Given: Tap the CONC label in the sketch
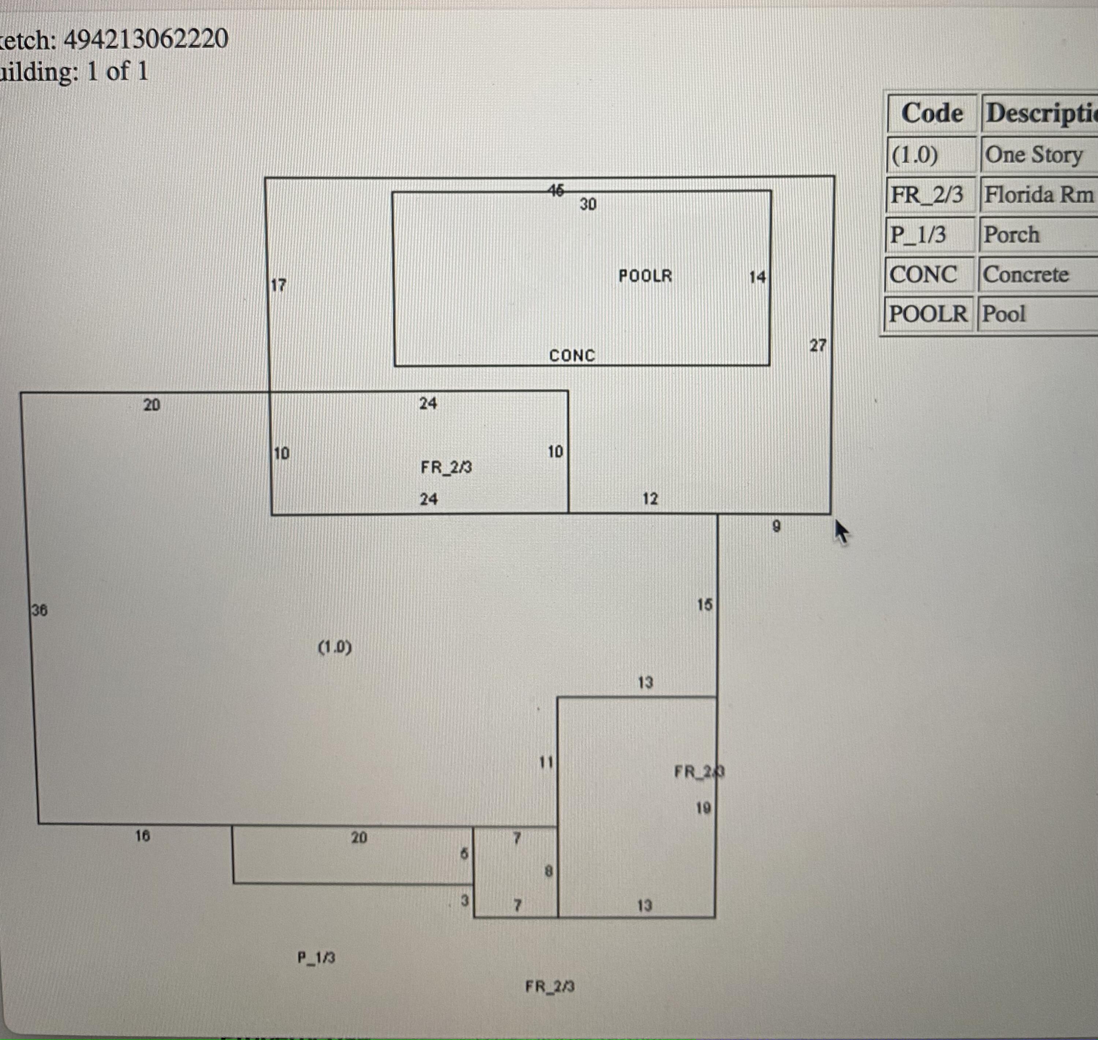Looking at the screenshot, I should pos(572,355).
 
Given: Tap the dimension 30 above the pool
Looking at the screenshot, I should pos(588,205).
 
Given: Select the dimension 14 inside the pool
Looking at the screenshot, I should pos(757,277).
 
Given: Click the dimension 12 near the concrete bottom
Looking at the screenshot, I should pos(650,499).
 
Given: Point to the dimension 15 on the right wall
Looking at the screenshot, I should pos(705,605).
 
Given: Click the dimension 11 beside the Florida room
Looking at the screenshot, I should pos(546,762).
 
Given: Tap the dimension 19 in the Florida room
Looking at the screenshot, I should pos(703,808).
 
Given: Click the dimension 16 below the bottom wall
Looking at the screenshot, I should pos(142,836).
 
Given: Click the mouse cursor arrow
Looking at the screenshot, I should pos(841,532).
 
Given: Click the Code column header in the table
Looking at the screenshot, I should pos(932,113).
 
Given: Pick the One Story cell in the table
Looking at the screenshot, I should pos(1033,155).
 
